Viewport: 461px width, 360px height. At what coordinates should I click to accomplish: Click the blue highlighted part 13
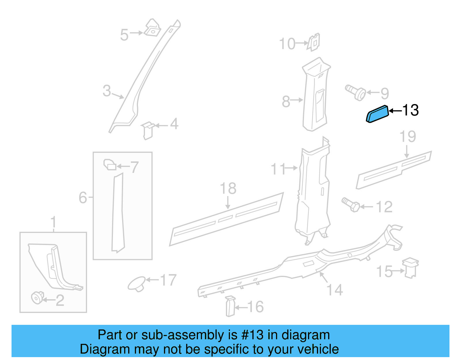377,114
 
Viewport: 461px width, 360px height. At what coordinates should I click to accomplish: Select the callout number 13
410,110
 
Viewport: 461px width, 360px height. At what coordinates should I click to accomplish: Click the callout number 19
408,137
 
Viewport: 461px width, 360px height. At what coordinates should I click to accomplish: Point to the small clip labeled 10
314,42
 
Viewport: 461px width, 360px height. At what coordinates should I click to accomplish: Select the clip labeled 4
148,130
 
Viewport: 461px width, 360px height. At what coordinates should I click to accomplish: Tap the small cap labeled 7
110,165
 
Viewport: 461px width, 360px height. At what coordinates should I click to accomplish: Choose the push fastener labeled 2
37,297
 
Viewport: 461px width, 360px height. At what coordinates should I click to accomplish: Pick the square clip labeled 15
411,268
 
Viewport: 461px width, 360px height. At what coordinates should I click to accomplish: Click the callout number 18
228,189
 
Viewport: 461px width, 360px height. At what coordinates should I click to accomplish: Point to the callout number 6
83,198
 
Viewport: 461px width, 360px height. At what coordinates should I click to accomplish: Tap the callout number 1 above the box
53,222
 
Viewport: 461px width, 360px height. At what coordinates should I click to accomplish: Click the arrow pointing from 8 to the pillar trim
297,100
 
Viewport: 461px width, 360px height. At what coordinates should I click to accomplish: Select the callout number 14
335,290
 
